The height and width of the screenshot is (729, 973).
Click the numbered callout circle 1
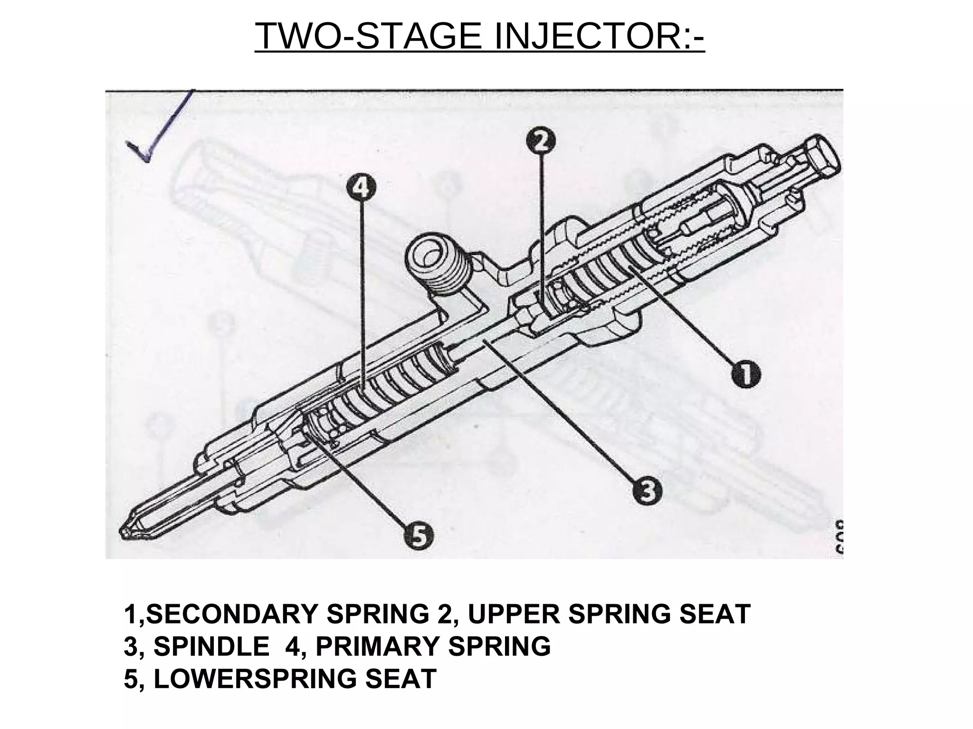click(x=745, y=374)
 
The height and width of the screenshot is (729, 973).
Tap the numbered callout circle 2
click(x=542, y=140)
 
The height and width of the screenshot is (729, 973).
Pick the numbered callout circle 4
click(x=361, y=188)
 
